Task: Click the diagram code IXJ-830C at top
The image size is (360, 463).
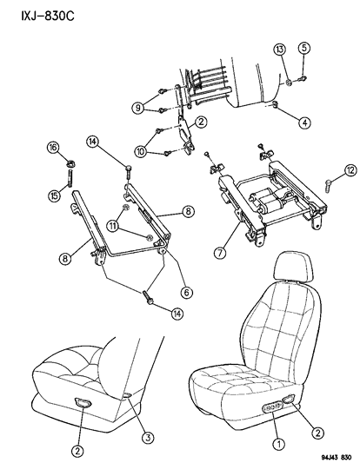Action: [x=48, y=16]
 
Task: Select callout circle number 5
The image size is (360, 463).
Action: [x=304, y=48]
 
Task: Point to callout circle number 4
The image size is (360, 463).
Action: [x=304, y=122]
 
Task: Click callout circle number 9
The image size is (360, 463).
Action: [x=138, y=108]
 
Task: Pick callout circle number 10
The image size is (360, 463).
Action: [x=141, y=152]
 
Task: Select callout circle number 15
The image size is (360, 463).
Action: [x=55, y=195]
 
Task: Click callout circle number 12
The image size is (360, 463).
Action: [x=350, y=170]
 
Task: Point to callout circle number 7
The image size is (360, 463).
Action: [x=220, y=253]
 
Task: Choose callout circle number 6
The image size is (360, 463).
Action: [x=186, y=293]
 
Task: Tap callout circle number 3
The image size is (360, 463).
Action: [x=148, y=437]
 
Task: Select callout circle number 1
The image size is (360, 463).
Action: [x=279, y=443]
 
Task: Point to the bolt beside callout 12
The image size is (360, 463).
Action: [x=329, y=186]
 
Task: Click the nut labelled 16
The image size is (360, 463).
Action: [x=70, y=162]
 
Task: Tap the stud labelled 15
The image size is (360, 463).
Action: [x=70, y=177]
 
